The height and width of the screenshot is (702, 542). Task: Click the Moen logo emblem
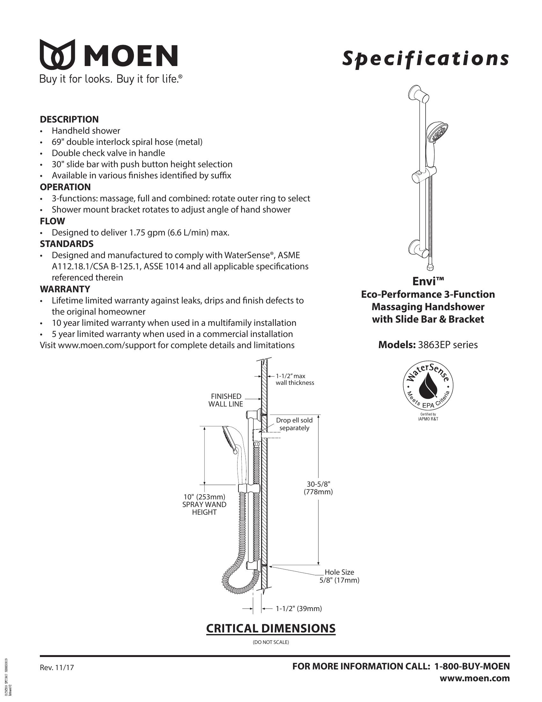tap(57, 54)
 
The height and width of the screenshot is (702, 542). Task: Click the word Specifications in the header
tap(425, 59)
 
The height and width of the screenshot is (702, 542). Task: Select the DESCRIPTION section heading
tap(69, 119)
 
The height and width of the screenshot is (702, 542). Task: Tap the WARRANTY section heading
tap(65, 289)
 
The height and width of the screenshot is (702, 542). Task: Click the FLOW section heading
tap(52, 221)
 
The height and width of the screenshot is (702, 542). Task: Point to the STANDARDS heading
tap(66, 244)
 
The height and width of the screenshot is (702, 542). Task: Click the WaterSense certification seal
tap(428, 387)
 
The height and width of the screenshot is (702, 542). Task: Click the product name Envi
tap(428, 281)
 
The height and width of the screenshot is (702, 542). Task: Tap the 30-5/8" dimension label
tap(318, 488)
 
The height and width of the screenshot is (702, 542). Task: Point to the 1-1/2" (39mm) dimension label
tap(299, 609)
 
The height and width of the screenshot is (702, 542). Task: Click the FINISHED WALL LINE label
tap(226, 400)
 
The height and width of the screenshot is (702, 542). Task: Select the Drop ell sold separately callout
tap(294, 424)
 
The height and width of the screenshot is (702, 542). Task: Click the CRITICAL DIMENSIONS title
tap(271, 628)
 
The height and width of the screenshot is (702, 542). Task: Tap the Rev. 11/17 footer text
tap(57, 668)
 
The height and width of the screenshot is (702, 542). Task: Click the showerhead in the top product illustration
tap(437, 133)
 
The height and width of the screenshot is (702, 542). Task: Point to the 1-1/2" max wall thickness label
tap(295, 379)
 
